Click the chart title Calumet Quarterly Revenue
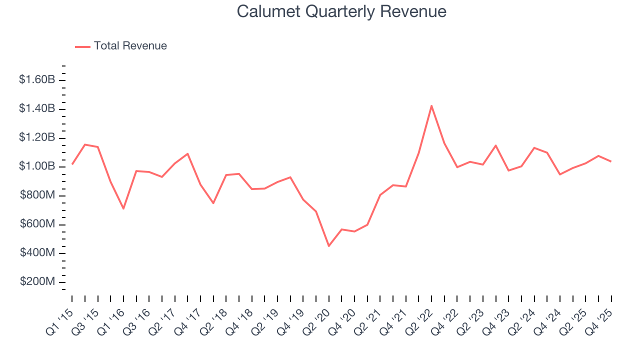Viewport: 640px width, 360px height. click(x=341, y=11)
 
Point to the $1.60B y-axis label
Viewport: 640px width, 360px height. click(x=37, y=79)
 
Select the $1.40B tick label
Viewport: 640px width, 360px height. click(x=37, y=108)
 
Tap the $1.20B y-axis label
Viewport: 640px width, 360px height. click(x=37, y=137)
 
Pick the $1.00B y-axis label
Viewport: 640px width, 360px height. click(x=37, y=166)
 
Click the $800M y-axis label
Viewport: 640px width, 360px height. click(x=37, y=195)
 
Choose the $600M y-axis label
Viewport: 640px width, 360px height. click(x=37, y=224)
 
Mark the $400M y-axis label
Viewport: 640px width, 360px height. click(x=37, y=253)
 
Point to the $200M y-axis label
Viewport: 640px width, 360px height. click(x=37, y=282)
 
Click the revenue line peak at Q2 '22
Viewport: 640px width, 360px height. click(x=431, y=105)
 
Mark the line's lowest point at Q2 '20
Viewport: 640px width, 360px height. click(x=329, y=246)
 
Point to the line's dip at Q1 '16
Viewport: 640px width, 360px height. click(x=123, y=208)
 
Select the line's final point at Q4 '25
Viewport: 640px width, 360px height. click(x=611, y=161)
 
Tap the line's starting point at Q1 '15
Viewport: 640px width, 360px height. click(x=72, y=164)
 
